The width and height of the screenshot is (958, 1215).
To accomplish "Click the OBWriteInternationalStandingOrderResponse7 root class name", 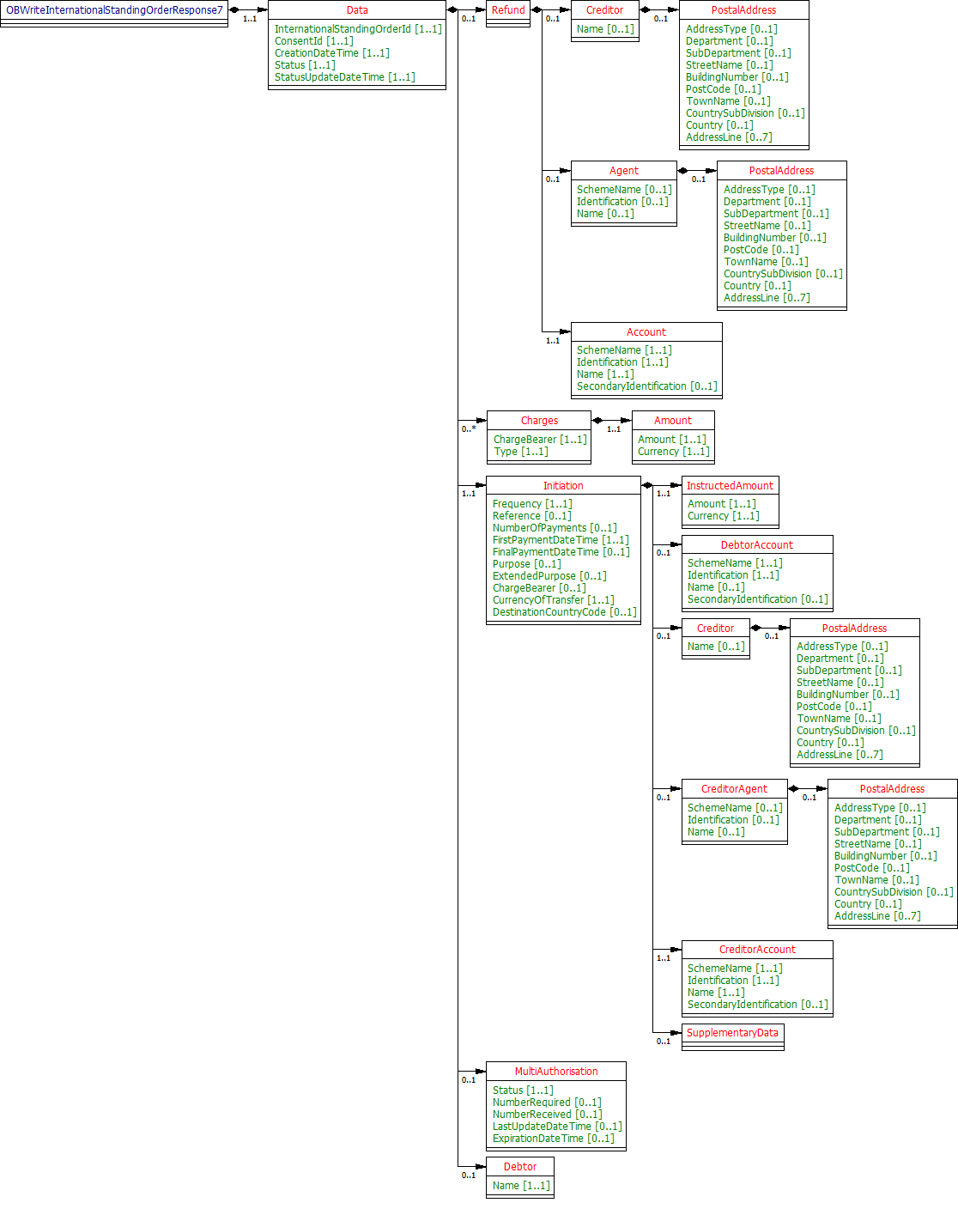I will (x=114, y=10).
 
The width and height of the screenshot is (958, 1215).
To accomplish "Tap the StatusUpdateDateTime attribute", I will (x=344, y=77).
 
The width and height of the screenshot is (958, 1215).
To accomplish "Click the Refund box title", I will (x=508, y=10).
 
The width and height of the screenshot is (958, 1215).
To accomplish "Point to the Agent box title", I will (x=624, y=171).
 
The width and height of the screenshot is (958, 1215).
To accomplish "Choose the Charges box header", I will (x=539, y=421).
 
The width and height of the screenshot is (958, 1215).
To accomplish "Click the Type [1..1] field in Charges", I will (x=520, y=452).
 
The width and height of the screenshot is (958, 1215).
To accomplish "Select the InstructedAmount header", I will (x=730, y=486).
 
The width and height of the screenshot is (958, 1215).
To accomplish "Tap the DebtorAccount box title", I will (x=757, y=545).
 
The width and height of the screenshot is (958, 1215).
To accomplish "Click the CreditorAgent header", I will (x=734, y=789).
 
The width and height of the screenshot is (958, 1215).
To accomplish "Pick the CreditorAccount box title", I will (x=757, y=950).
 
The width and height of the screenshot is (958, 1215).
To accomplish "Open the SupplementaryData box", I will (x=732, y=1033).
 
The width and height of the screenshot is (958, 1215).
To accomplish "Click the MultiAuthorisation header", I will (x=556, y=1072).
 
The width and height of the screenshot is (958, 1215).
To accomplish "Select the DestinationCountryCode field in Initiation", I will (x=564, y=612).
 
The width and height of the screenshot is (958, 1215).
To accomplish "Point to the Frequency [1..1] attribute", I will (x=531, y=504).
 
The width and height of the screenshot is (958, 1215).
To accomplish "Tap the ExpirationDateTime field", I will (x=553, y=1139).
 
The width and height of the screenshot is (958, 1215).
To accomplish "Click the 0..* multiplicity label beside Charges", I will (x=469, y=428).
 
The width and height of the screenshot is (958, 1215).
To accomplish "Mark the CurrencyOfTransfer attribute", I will (x=553, y=600).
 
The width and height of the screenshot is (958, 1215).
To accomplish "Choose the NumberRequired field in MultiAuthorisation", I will (x=547, y=1103).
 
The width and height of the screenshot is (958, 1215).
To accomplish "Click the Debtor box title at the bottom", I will (x=520, y=1167).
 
